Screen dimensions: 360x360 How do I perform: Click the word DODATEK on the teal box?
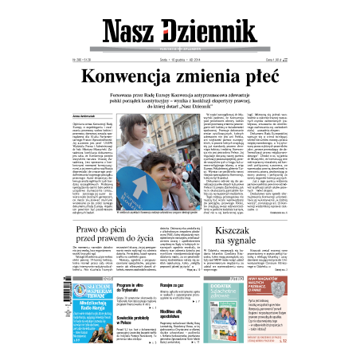(x=242, y=285)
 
